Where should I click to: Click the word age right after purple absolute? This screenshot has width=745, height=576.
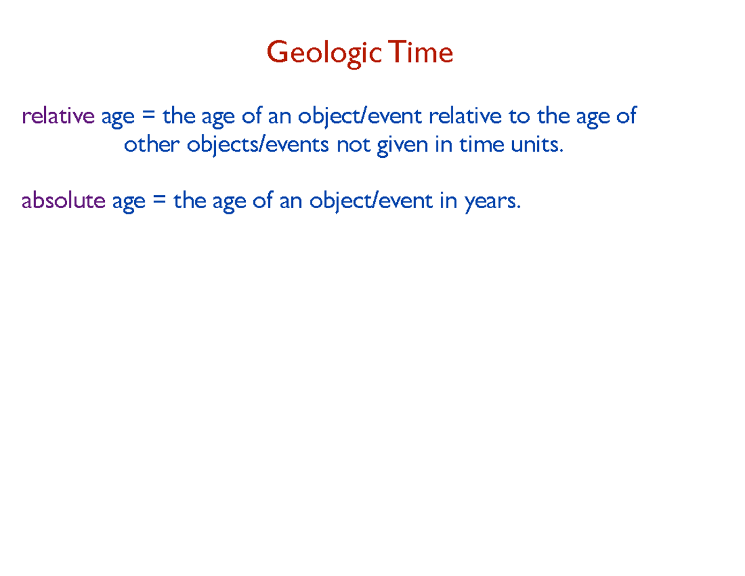(128, 203)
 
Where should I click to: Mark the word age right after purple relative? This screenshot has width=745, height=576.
(117, 117)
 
